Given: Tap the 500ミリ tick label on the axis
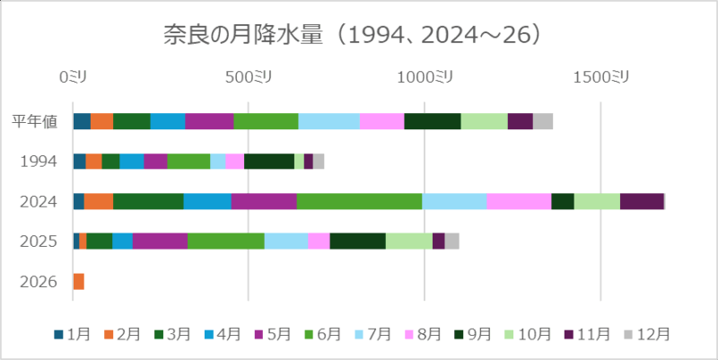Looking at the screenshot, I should pos(250,78).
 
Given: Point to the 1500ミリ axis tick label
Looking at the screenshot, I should pos(600,78).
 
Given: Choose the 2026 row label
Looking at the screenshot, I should pos(39,282).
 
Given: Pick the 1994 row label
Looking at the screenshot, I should pos(39,162).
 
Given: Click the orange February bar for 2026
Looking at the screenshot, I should pos(78,282).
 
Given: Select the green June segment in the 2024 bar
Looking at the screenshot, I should pos(359,201).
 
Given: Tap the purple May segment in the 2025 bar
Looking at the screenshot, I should pos(160,241).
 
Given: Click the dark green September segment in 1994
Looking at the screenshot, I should pos(269,162).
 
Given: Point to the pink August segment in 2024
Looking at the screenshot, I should pos(519,201).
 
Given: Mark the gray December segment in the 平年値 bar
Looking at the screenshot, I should pos(543,121).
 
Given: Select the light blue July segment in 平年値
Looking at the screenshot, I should pos(328,121).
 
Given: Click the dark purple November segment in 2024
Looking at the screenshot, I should pos(642,201).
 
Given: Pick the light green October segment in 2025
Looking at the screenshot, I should pos(409,241).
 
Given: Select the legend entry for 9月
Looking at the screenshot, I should pos(470,334).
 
